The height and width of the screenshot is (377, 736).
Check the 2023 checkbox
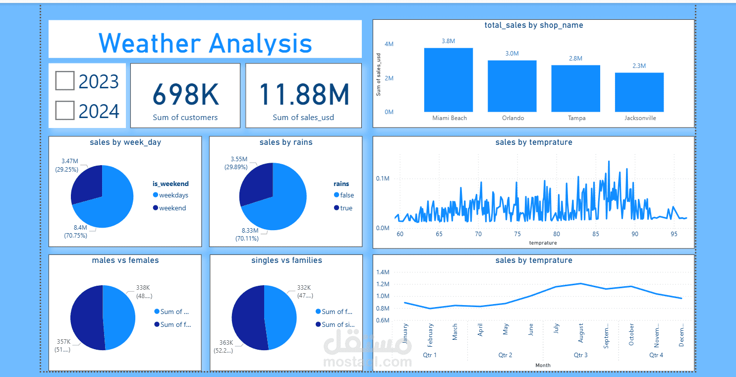coord(65,81)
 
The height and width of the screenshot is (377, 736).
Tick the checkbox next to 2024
coord(65,111)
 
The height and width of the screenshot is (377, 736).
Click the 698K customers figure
coord(185,95)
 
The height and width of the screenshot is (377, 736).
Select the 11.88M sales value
coord(303,95)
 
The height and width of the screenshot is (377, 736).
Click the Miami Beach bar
coord(449,80)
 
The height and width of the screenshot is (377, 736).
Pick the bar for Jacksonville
coord(639,92)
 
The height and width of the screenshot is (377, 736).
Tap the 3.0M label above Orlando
coord(512,54)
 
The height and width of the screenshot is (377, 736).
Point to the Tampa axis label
coord(576,118)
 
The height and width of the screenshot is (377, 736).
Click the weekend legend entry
coord(172,208)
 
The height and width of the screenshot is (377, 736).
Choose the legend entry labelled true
coord(346,208)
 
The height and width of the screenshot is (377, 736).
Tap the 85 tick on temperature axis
coord(596,234)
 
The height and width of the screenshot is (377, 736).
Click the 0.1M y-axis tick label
coord(383,179)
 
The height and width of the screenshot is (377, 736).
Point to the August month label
coord(581,333)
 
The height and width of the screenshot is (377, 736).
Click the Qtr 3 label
coord(581,355)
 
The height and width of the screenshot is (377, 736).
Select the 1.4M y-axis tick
coord(383,272)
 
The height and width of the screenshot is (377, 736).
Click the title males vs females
coord(125,260)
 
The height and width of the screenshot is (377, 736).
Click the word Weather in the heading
coord(149,43)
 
